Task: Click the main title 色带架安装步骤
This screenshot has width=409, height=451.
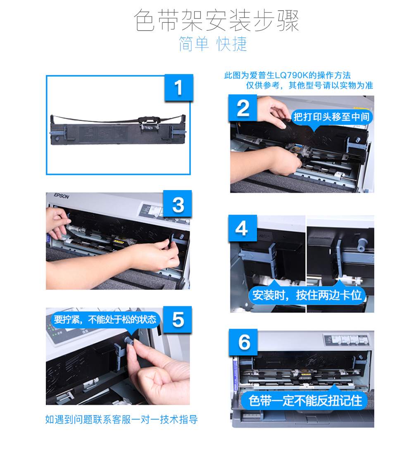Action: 216,20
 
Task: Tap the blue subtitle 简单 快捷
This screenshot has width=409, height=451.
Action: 213,44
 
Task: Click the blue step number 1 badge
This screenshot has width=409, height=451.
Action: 178,88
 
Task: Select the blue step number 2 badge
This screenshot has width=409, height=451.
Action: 243,108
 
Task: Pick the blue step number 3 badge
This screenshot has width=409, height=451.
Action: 178,204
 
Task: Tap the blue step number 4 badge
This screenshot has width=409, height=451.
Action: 243,228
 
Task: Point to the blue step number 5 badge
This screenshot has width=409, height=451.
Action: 178,320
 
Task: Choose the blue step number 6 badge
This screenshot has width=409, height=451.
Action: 243,342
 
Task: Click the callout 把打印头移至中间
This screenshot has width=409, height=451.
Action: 331,117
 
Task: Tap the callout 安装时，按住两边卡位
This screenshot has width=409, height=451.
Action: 307,295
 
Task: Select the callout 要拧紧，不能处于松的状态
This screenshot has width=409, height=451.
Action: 105,320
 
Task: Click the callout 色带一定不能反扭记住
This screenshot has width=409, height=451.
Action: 304,401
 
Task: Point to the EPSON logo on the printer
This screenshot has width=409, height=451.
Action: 62,196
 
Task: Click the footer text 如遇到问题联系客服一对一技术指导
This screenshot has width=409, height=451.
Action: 121,419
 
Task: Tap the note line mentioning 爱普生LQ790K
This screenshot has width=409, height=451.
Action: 288,75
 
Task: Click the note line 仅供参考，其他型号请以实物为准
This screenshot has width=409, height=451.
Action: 309,86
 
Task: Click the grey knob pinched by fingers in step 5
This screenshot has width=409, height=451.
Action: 128,340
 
